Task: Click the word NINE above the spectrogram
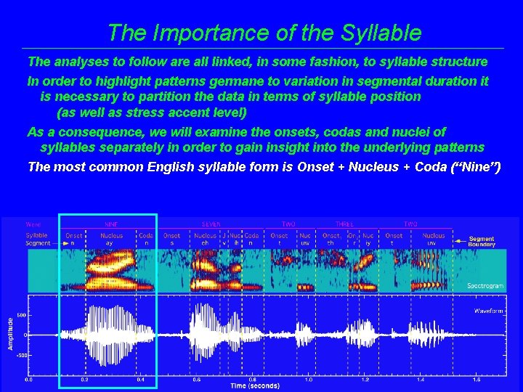point(111,224)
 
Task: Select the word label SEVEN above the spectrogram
point(211,224)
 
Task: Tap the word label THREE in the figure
point(344,224)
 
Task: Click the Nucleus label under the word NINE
point(111,235)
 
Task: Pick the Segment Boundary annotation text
point(482,242)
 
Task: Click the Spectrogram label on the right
point(485,286)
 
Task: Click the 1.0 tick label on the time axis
point(309,379)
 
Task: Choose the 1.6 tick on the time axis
point(477,379)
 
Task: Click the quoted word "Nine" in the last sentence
point(475,167)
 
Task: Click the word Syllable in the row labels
point(36,235)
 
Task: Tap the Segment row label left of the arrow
point(38,243)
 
